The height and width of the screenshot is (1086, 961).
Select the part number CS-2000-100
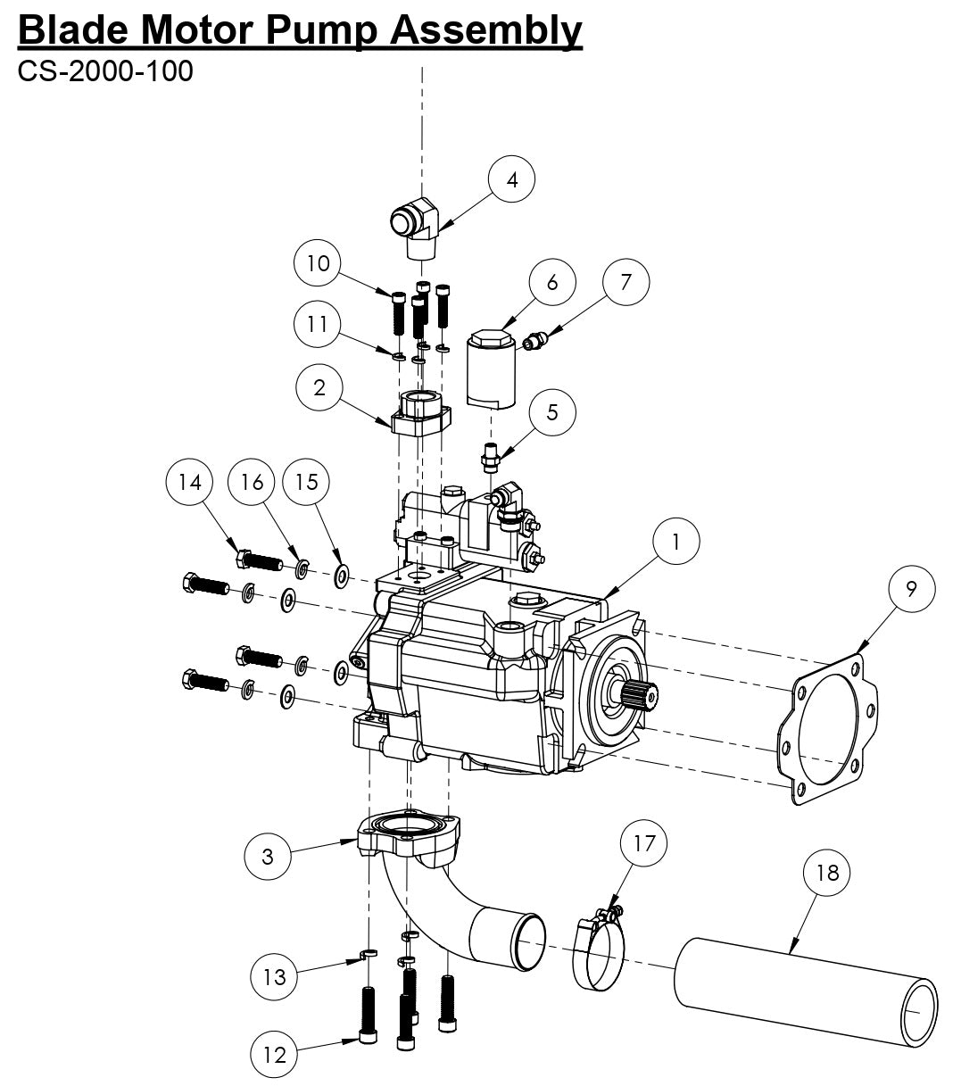pos(105,70)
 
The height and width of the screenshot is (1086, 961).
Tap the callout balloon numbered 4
pos(511,179)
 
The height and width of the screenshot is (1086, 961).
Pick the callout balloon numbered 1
pos(675,542)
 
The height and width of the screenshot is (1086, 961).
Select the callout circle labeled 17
pos(643,843)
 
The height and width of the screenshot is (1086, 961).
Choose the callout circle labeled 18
pos(827,873)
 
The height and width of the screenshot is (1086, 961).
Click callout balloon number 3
pos(269,857)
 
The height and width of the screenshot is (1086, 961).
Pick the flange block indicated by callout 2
pos(419,414)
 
